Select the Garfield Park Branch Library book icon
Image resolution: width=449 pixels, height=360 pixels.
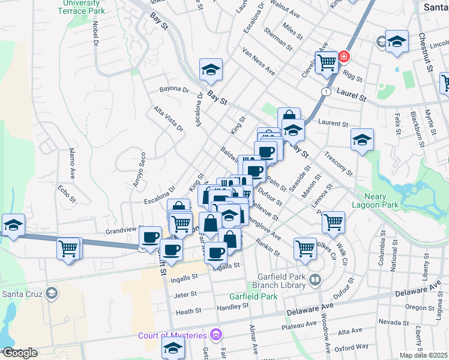pos(315,280)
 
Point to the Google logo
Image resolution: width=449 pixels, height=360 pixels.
pos(19,352)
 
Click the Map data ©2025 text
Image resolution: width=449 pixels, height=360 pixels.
pos(424,355)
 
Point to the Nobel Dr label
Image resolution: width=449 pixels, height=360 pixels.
pos(95,34)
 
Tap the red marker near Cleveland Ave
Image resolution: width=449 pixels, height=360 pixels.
pos(344,58)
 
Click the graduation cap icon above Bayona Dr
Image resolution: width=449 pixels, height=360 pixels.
pos(211,70)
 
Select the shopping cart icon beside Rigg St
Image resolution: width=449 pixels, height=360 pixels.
pos(326,62)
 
